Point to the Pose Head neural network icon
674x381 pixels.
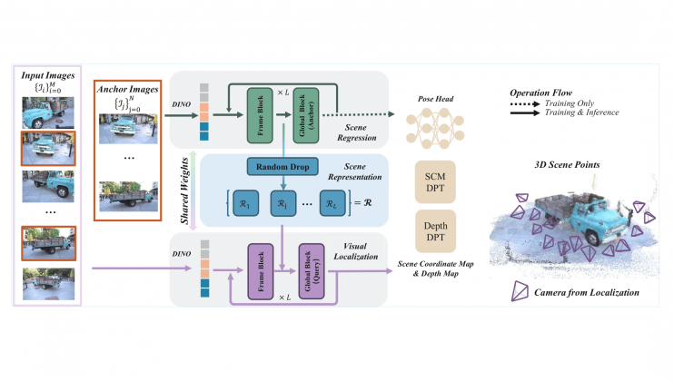coord(435,126)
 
